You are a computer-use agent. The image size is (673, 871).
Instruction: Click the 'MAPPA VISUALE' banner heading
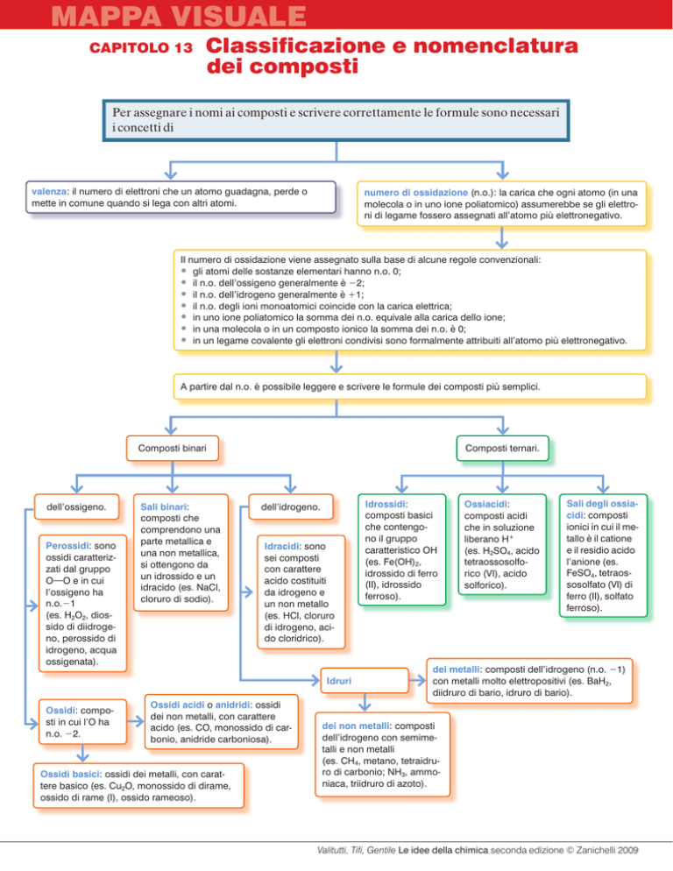179,16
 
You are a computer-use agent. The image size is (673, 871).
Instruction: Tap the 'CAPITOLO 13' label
141,48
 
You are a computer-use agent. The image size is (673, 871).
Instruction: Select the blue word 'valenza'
49,192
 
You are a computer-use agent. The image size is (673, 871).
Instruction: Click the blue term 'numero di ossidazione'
415,193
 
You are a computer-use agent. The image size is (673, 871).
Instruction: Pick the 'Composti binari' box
173,449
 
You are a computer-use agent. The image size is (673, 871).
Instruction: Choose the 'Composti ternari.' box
502,449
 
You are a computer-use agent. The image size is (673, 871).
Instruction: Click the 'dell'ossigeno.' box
77,506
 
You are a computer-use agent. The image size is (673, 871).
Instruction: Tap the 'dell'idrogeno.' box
291,506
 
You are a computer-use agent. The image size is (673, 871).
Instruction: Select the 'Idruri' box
364,681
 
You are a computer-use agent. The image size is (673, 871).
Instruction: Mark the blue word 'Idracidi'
282,547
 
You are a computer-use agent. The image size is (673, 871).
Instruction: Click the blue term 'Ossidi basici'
70,775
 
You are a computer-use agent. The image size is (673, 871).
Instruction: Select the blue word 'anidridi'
233,705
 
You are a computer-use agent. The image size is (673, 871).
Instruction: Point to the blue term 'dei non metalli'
357,726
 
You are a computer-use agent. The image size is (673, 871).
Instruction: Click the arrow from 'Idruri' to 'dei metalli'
417,681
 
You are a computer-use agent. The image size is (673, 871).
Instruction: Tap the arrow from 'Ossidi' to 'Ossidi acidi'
136,721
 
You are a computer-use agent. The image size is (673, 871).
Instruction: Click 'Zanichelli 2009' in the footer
607,850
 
